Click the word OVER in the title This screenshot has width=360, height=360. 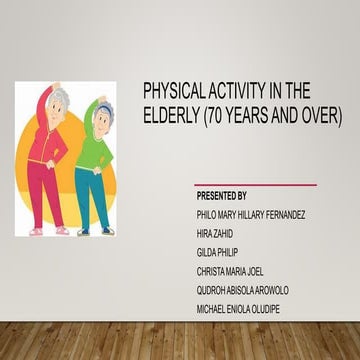[320, 117]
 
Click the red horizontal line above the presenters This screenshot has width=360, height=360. [255, 184]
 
